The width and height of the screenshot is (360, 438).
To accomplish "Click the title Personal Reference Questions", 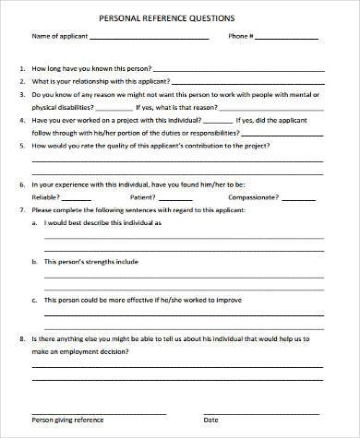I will click(x=179, y=18).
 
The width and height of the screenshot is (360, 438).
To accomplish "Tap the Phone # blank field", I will click(x=287, y=39).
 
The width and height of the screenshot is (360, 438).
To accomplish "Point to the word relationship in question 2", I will click(x=88, y=81).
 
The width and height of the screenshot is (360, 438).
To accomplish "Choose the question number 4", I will click(x=21, y=119).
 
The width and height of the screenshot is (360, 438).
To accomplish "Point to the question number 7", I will click(x=21, y=210).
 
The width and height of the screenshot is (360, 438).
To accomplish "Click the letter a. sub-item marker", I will click(x=35, y=223).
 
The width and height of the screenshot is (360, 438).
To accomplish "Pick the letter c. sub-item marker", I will click(x=35, y=300).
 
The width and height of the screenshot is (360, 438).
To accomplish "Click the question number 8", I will click(x=21, y=339).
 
